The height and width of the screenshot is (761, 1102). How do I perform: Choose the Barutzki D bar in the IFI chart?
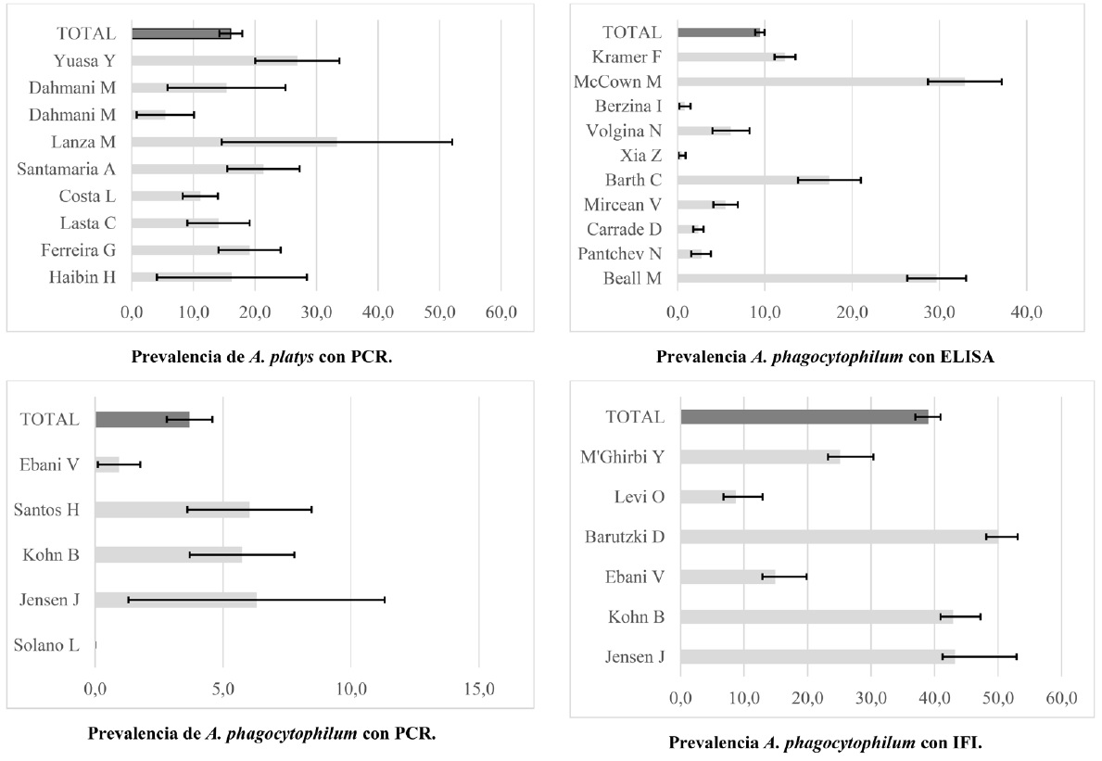839,536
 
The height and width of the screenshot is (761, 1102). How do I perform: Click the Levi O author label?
639,497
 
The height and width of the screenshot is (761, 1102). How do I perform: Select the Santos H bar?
172,510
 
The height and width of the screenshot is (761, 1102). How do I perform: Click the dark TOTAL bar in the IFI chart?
804,417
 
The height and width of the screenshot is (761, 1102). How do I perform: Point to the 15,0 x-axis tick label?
478,690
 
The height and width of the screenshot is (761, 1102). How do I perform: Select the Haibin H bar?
182,276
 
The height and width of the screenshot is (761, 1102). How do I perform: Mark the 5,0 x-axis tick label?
222,690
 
